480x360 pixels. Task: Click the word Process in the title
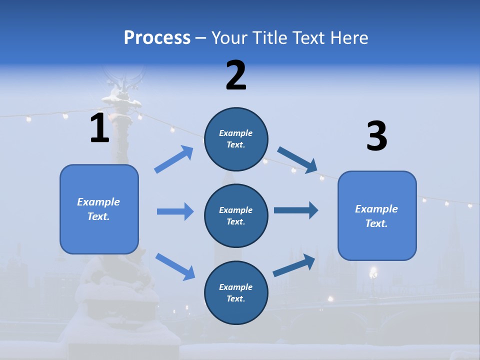(157, 38)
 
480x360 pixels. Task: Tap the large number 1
(100, 127)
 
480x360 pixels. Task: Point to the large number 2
(236, 75)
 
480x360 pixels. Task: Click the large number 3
(377, 135)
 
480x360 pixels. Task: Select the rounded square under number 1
(99, 209)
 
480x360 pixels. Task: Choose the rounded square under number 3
(377, 216)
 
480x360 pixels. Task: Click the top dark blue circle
(236, 139)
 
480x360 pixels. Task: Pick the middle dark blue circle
(236, 216)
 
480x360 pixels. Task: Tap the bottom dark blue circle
(236, 292)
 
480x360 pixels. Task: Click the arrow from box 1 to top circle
(173, 159)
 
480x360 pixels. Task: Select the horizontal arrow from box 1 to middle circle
(175, 211)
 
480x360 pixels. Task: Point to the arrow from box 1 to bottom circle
(175, 267)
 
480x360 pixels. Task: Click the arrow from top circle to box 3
(297, 160)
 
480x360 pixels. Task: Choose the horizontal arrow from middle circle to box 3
(296, 210)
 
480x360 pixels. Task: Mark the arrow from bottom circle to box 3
(294, 265)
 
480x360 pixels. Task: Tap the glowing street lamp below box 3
(373, 272)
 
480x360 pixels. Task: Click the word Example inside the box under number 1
(98, 202)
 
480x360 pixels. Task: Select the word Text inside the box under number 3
(376, 223)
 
